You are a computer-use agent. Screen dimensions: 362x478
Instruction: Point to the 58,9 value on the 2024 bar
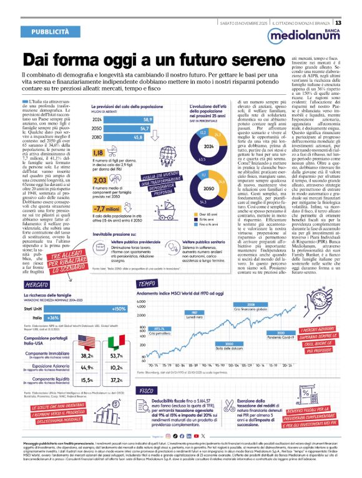click(x=148, y=119)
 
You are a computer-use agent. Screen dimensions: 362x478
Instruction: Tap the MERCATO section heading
click(x=39, y=284)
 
